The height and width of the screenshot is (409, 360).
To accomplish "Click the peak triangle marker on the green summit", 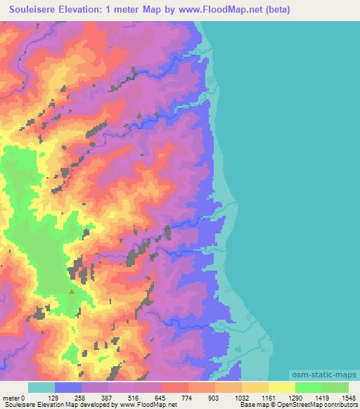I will pos(71,290).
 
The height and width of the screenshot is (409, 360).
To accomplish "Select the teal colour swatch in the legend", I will pos(41,387).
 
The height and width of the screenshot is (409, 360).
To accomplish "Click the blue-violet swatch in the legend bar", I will pos(68,387).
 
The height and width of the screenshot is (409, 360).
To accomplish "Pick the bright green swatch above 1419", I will pos(308,387).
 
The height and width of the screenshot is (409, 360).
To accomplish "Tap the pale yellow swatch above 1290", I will pos(281,387).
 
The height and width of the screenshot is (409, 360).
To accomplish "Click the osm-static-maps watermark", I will pos(323,376).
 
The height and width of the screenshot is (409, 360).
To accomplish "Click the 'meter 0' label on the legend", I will pos(14,398).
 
